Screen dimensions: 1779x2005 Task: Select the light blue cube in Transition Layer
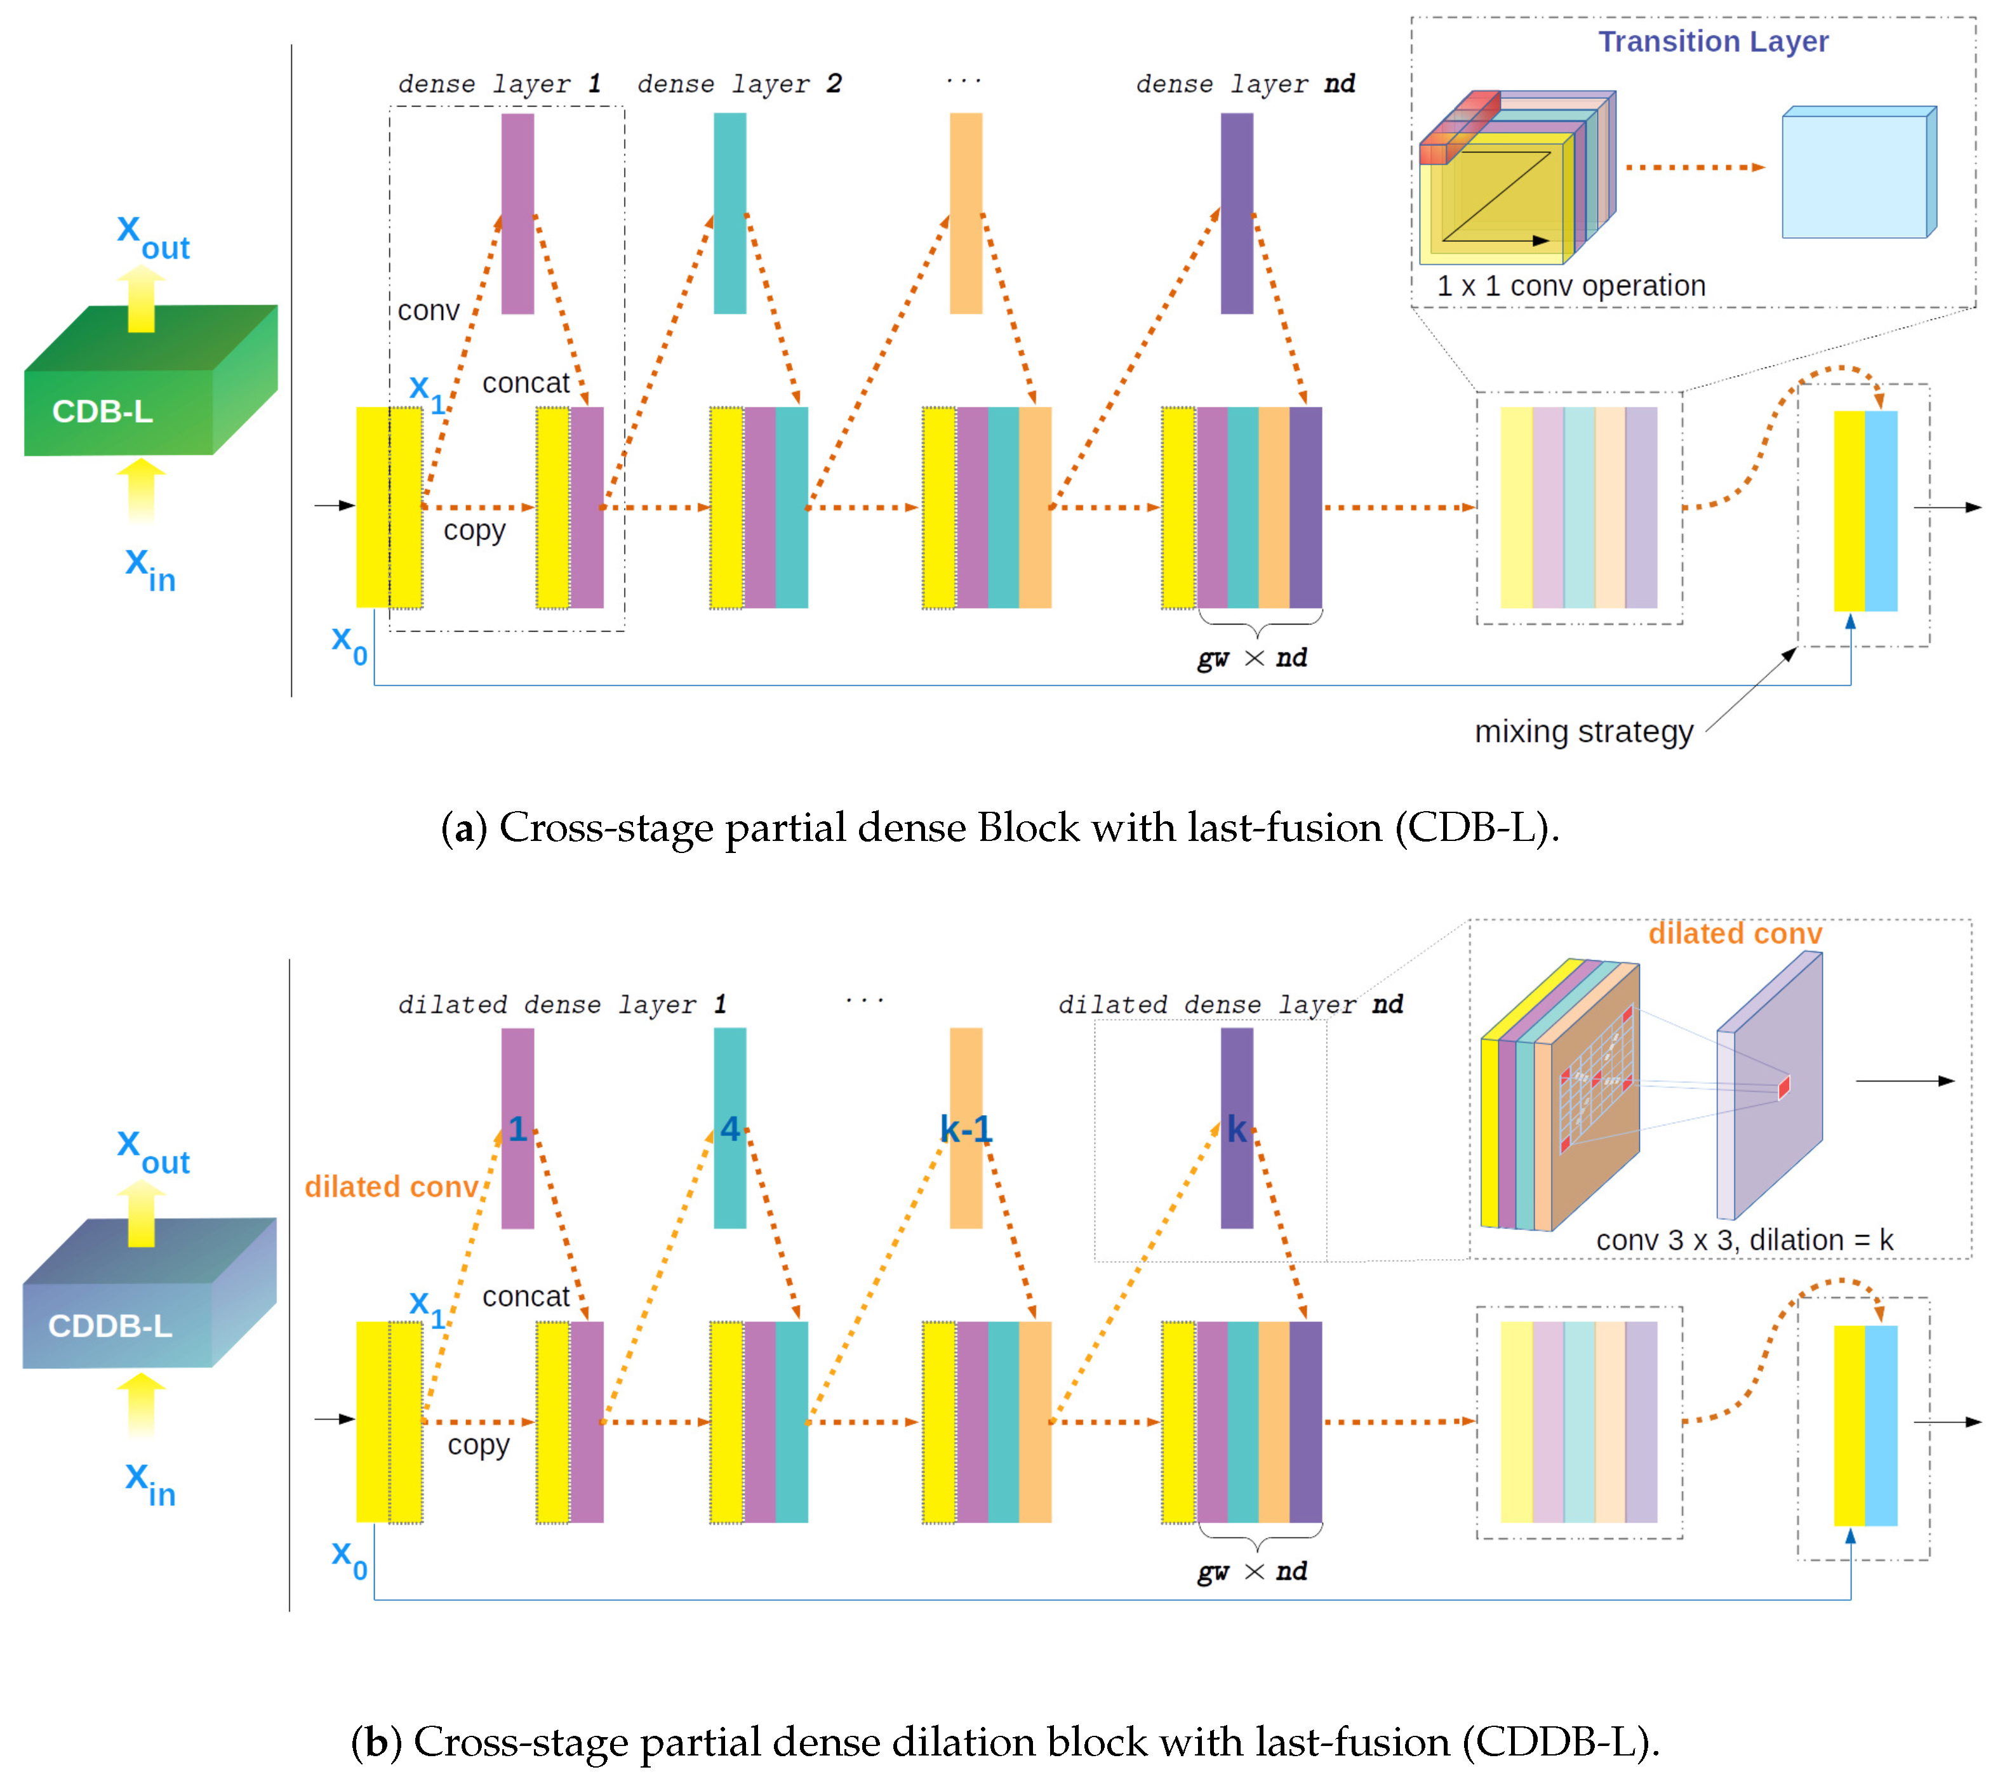1856,175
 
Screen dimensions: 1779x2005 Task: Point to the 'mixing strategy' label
1583,732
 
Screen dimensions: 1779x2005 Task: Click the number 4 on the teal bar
729,1129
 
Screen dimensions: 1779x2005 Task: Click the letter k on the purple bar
1236,1129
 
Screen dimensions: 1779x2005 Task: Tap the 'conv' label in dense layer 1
428,311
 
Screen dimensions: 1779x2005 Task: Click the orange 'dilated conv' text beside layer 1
390,1187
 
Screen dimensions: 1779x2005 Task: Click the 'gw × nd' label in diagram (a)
1251,658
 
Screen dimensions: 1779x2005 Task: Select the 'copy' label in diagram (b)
477,1445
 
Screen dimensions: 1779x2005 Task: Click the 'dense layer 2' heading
738,84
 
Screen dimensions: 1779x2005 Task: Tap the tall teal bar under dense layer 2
729,214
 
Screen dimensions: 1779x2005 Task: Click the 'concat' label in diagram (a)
525,383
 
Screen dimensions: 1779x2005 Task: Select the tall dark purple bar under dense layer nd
1236,214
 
